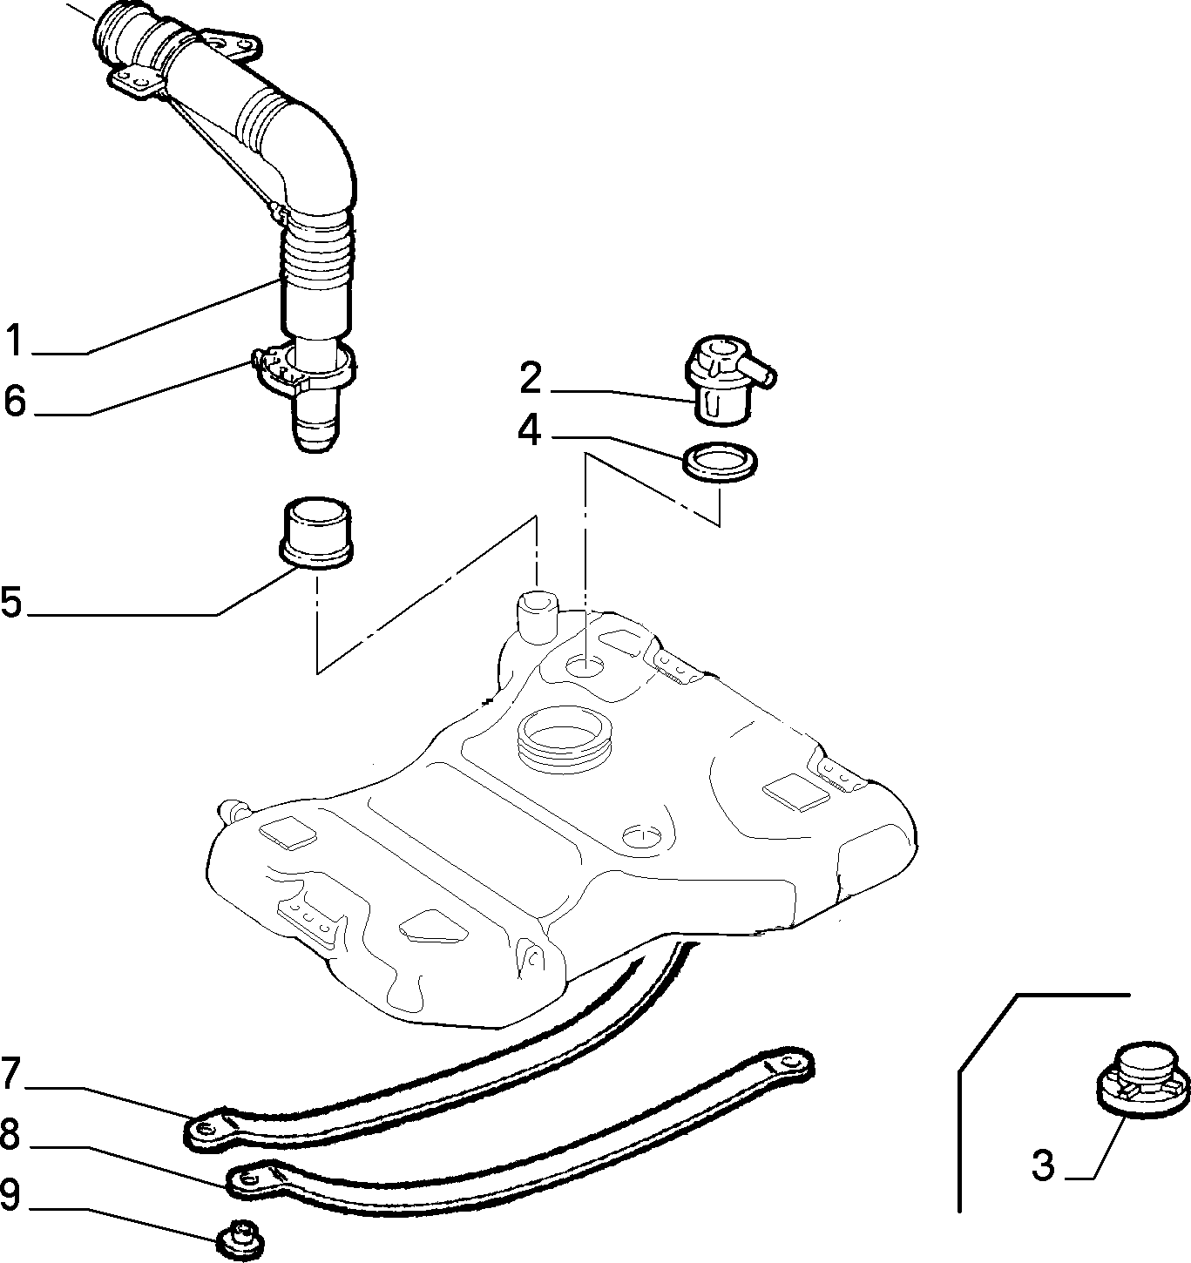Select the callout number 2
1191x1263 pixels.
pos(531,378)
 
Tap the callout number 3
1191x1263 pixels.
pos(1044,1165)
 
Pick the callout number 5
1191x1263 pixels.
pos(11,601)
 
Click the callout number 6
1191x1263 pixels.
pos(15,401)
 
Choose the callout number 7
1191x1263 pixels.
pos(10,1074)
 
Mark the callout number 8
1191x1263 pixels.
pos(10,1135)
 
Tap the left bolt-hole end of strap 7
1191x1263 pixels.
pos(205,1128)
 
